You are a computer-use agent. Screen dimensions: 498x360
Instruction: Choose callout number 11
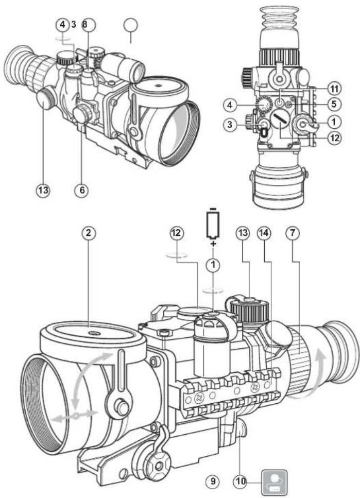pos(322,89)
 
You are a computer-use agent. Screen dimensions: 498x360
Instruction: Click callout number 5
pos(322,104)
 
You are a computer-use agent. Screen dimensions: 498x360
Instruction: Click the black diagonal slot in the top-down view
pos(281,125)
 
